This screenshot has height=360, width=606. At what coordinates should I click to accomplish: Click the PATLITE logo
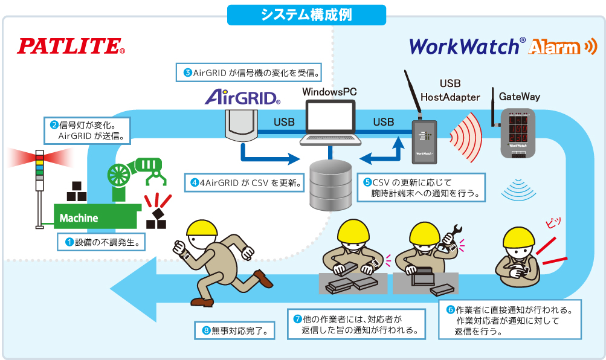tap(71, 47)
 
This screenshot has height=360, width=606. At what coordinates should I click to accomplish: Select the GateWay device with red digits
tap(518, 133)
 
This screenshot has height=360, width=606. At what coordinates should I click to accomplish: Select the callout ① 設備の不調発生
tap(102, 243)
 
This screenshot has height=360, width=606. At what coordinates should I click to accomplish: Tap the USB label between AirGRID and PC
tap(284, 122)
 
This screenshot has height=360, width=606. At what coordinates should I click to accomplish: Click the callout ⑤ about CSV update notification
tap(424, 188)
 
